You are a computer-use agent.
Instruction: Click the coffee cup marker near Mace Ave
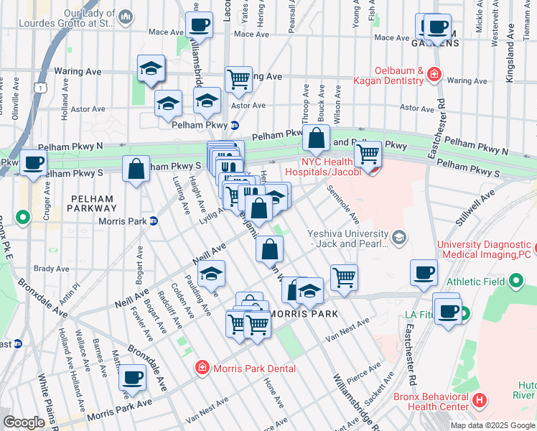pos(199,25)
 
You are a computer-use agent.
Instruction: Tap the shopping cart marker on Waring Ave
pos(238,79)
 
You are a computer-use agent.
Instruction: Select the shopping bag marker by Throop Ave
pos(315,139)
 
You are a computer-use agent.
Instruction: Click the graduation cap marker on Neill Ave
pos(211,274)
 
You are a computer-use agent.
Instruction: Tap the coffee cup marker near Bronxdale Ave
pos(131,377)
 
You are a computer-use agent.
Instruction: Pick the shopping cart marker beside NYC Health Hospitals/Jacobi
pos(368,153)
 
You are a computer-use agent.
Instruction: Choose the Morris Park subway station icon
pos(152,221)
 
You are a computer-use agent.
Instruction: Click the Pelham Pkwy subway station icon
pos(234,124)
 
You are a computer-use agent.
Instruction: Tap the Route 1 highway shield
pos(42,87)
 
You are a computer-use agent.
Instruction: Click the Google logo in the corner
pos(24,422)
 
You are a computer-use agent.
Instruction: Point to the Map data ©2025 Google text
pos(492,425)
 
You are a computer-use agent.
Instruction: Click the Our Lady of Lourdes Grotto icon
pos(126,17)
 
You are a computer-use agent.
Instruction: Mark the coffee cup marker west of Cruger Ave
pos(33,162)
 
